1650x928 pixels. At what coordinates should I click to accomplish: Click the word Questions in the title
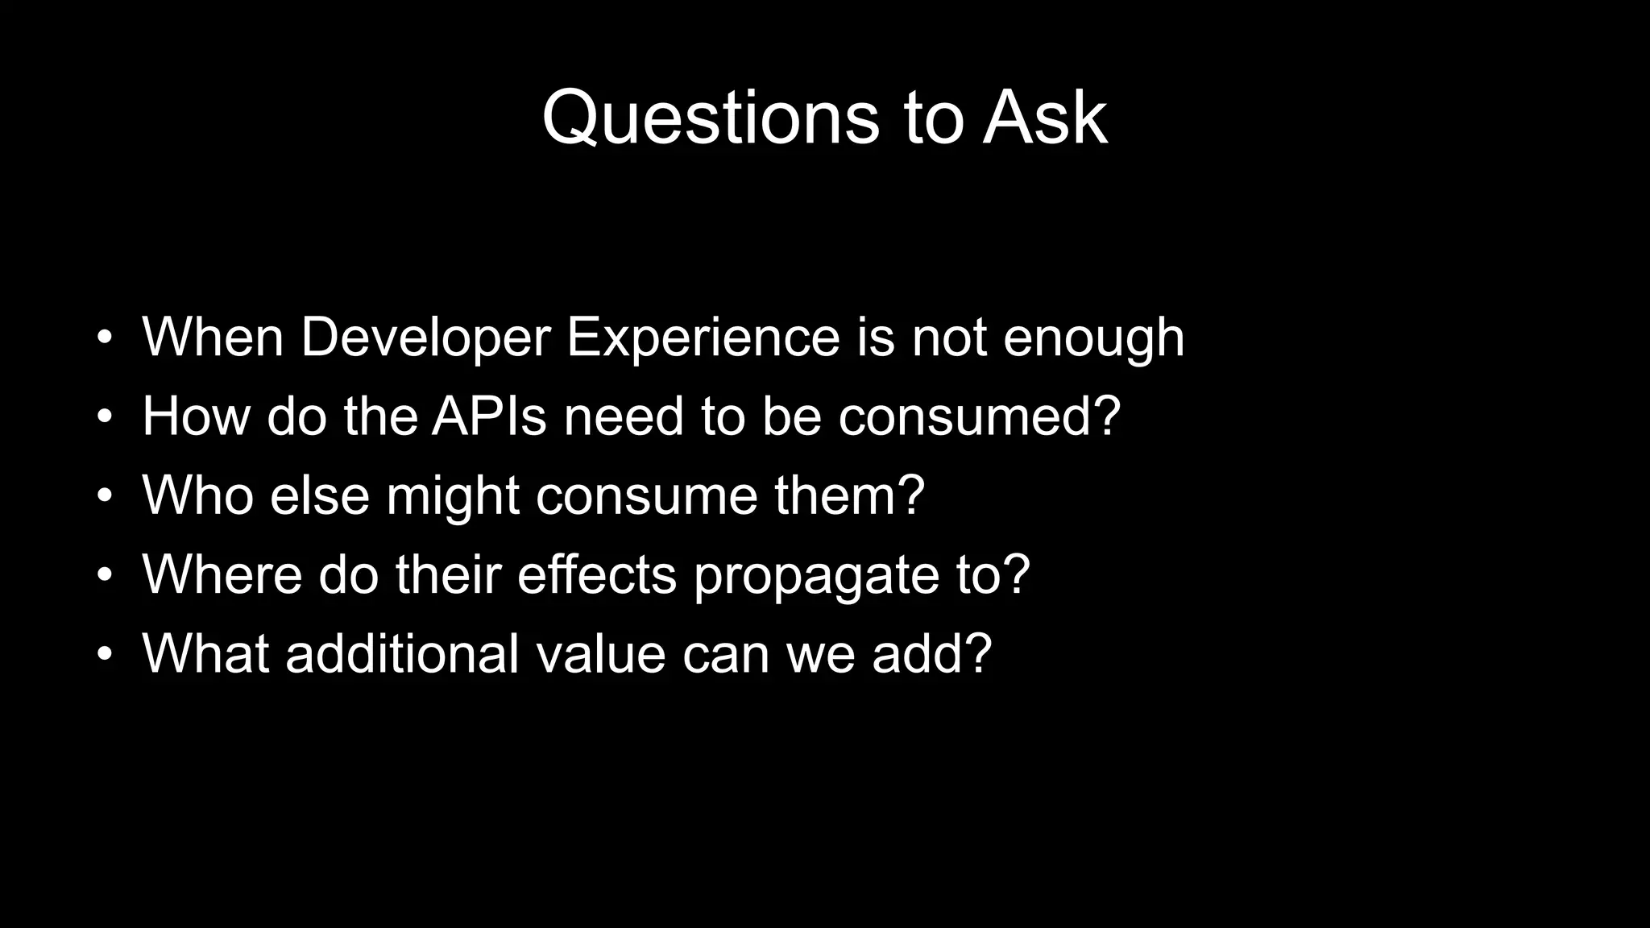(711, 118)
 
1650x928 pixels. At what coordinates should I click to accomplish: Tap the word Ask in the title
(1044, 118)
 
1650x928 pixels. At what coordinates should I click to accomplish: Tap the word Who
(197, 495)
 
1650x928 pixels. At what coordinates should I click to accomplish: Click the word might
(452, 495)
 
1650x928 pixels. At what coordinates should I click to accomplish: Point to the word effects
(596, 574)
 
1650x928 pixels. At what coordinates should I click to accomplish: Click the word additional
(402, 653)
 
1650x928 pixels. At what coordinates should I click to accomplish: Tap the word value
(601, 653)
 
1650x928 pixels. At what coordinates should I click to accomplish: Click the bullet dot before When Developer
(104, 339)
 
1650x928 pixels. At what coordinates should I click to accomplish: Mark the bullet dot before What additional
(104, 656)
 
